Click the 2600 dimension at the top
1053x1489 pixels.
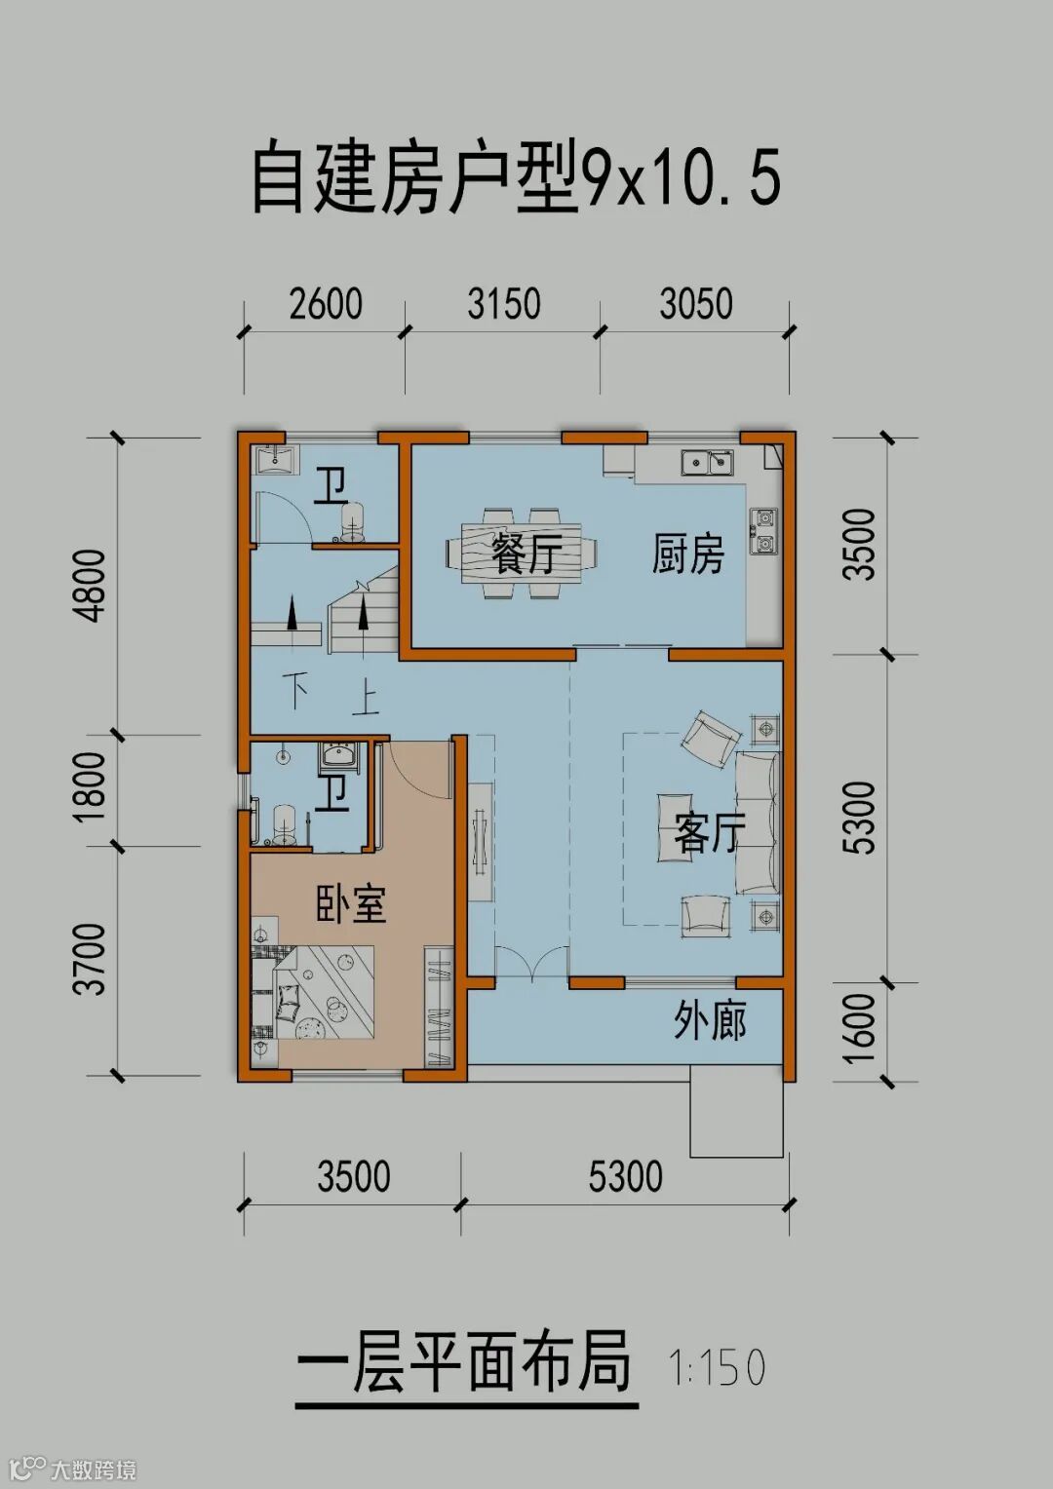click(x=326, y=304)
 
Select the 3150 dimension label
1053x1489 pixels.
click(x=503, y=304)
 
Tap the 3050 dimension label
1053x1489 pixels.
click(x=696, y=304)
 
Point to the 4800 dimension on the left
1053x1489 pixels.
click(x=89, y=586)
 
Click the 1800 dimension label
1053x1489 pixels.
click(x=89, y=787)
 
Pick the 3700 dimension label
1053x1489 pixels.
click(x=89, y=959)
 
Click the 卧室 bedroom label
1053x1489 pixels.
click(x=351, y=903)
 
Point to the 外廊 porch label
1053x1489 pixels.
click(x=709, y=1020)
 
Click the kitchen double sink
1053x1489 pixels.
click(x=707, y=462)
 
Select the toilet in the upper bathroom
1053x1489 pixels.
click(x=353, y=520)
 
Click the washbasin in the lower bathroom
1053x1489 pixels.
click(x=339, y=756)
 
